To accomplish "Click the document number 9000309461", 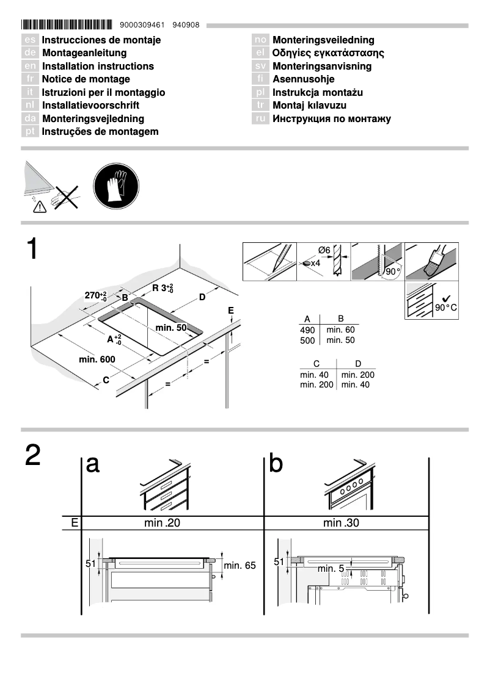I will pyautogui.click(x=143, y=26).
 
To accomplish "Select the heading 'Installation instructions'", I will pyautogui.click(x=98, y=66).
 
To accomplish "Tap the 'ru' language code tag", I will pyautogui.click(x=261, y=119).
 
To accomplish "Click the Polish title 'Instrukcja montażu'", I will pyautogui.click(x=318, y=93).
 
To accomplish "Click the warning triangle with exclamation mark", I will pyautogui.click(x=40, y=206).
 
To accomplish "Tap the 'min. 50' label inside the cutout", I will pyautogui.click(x=171, y=328).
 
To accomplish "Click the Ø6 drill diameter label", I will pyautogui.click(x=324, y=250).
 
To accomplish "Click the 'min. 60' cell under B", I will pyautogui.click(x=340, y=330).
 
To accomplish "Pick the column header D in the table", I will pyautogui.click(x=358, y=364).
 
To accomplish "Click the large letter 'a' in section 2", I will pyautogui.click(x=93, y=464).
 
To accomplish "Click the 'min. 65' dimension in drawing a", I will pyautogui.click(x=240, y=566).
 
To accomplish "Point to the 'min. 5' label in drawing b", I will pyautogui.click(x=330, y=569).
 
